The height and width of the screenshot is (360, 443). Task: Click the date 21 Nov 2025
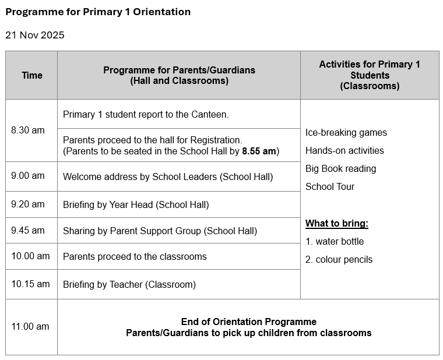(35, 35)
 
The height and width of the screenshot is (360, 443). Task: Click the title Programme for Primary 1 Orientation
(98, 12)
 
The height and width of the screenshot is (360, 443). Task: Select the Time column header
(32, 75)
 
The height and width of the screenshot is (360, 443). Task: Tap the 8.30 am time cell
(28, 130)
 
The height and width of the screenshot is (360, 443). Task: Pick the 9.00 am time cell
(28, 176)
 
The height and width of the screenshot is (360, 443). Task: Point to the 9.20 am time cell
(28, 204)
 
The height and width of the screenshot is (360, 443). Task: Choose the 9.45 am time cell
(28, 230)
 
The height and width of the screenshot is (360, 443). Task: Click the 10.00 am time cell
(30, 256)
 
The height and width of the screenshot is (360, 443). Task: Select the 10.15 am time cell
(30, 284)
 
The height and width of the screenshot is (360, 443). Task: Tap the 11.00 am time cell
(30, 326)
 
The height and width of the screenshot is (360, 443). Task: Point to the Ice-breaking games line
(346, 133)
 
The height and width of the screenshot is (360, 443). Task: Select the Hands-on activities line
(344, 151)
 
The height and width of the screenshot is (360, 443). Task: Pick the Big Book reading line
(341, 169)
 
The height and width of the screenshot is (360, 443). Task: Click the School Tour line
(330, 187)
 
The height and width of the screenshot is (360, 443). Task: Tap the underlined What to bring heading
(337, 224)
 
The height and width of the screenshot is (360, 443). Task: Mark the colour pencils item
(339, 260)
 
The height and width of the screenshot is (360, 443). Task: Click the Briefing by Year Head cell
(136, 204)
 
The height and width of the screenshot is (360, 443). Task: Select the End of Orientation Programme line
(249, 322)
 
